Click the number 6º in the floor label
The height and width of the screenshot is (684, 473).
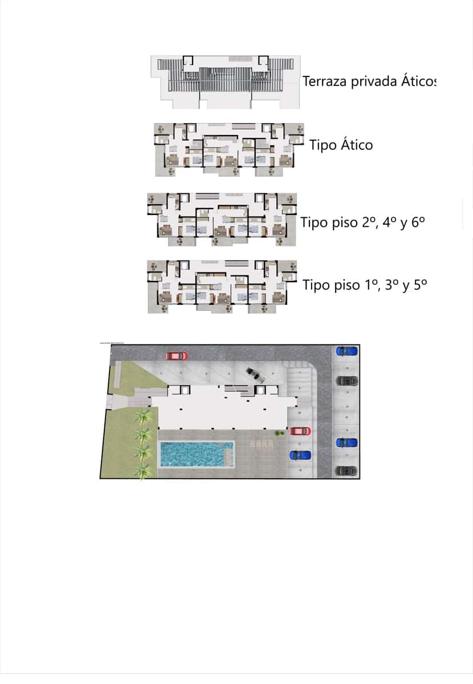pyautogui.click(x=418, y=222)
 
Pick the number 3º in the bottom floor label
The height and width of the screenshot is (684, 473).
pyautogui.click(x=392, y=285)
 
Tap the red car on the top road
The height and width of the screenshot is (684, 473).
pyautogui.click(x=177, y=356)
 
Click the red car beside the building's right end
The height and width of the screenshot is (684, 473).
pyautogui.click(x=300, y=431)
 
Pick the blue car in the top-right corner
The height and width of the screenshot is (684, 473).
pyautogui.click(x=346, y=351)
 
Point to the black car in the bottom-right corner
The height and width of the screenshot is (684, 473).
pyautogui.click(x=346, y=471)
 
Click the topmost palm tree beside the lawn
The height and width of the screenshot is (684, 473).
pyautogui.click(x=143, y=417)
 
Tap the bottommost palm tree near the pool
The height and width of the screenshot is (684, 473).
pyautogui.click(x=143, y=470)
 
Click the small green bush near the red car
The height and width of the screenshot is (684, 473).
pyautogui.click(x=279, y=433)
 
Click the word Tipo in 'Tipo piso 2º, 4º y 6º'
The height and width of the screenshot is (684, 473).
pyautogui.click(x=313, y=222)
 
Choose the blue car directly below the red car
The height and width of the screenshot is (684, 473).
pyautogui.click(x=300, y=455)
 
